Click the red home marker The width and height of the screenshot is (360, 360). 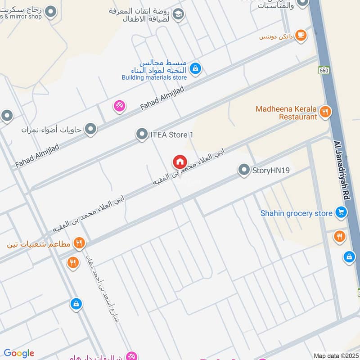coord(180,162)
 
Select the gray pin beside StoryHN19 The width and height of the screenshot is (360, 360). coord(244,170)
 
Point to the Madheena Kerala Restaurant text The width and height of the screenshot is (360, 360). coord(286,113)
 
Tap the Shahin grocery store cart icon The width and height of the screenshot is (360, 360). coord(341,212)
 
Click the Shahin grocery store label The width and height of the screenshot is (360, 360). coord(296,213)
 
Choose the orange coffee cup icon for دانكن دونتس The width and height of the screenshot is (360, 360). coord(301,36)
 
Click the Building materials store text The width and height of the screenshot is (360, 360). coord(154,77)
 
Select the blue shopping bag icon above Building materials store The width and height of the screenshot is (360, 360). coord(195,68)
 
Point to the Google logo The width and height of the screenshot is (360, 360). coord(19,353)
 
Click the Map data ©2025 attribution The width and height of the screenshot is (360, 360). coord(336,355)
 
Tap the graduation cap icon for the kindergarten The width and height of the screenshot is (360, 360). coord(179,14)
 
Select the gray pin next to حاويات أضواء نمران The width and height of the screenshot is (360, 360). coord(91,130)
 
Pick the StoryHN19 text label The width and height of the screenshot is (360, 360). coord(271,171)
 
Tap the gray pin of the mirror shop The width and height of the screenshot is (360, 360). coord(51,12)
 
